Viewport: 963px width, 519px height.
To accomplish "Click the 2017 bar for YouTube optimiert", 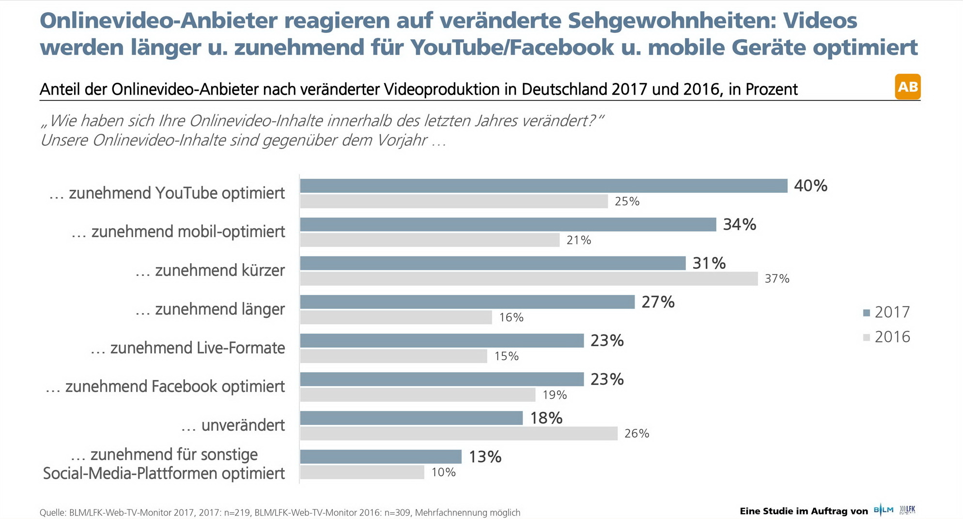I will tap(544, 186).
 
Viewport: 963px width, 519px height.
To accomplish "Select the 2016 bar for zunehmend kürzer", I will tap(528, 279).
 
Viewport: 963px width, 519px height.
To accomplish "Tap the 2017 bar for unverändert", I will tap(411, 418).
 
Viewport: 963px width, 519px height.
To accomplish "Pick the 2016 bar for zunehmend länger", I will tap(396, 317).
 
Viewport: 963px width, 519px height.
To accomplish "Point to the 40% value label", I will tap(810, 186).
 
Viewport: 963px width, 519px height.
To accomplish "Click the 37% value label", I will tap(777, 279).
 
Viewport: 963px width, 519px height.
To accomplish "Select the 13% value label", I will tap(485, 456).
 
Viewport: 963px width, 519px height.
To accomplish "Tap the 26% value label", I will tap(637, 434).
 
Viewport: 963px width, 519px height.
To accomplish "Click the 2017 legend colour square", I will tap(867, 313).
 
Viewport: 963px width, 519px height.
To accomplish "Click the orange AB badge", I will tap(907, 87).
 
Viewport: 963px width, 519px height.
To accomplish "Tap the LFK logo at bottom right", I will tap(908, 510).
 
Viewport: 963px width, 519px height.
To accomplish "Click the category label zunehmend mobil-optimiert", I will tap(178, 232).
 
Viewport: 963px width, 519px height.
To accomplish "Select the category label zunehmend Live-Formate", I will tap(188, 348).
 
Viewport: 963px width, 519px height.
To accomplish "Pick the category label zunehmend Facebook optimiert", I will tap(165, 387).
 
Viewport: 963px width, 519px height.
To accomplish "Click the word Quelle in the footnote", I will tap(52, 513).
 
